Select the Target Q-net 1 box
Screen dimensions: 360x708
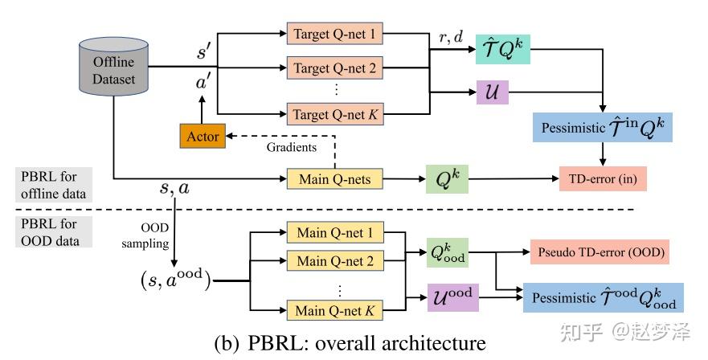pyautogui.click(x=334, y=35)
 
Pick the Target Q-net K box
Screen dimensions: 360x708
pyautogui.click(x=334, y=114)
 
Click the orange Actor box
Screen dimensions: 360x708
pyautogui.click(x=203, y=136)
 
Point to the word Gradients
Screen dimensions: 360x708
pyautogui.click(x=291, y=147)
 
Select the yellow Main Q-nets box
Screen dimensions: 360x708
pyautogui.click(x=334, y=179)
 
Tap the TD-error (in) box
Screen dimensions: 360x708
pyautogui.click(x=602, y=179)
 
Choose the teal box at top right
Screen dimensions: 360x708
pyautogui.click(x=502, y=50)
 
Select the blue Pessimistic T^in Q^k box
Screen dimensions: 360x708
pyautogui.click(x=602, y=128)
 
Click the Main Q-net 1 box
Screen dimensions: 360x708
pyautogui.click(x=334, y=234)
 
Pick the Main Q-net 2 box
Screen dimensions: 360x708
pyautogui.click(x=334, y=261)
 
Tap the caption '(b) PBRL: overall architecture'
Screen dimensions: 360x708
pyautogui.click(x=350, y=344)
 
